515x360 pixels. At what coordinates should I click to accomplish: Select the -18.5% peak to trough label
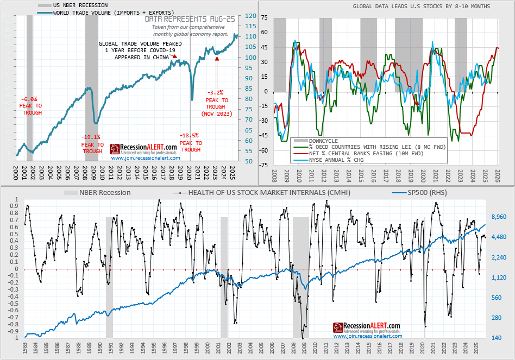[191, 142]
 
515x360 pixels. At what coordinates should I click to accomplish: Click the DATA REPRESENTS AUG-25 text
[189, 19]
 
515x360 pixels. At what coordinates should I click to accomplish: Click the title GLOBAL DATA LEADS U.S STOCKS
[421, 6]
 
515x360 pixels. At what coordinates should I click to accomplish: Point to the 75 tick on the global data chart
[264, 17]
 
